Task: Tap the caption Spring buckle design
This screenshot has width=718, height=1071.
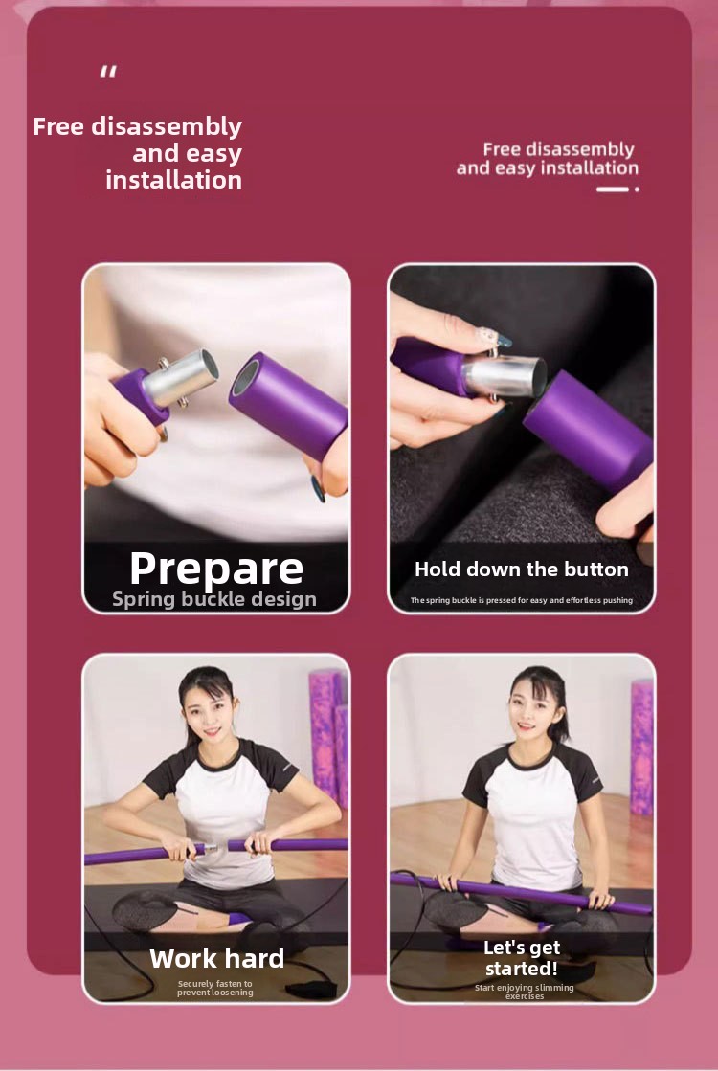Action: pos(214,599)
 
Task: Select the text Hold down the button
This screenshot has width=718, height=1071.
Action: pos(521,569)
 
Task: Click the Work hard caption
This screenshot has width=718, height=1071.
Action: pos(216,958)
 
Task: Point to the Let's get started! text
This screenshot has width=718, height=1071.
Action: pos(522,958)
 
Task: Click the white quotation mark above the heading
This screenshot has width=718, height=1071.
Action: pos(108,72)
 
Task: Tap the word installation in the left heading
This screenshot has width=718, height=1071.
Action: pos(173,180)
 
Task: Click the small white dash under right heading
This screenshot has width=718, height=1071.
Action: pos(612,190)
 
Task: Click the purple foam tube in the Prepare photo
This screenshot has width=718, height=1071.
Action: pos(287,406)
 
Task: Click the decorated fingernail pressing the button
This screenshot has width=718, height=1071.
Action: pos(495,339)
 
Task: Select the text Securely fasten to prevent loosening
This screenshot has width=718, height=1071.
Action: pos(215,988)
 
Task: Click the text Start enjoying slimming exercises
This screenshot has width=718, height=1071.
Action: pos(525,992)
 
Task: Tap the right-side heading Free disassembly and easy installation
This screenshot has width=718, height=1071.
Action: pos(548,159)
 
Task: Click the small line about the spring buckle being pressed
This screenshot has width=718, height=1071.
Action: pos(521,600)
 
